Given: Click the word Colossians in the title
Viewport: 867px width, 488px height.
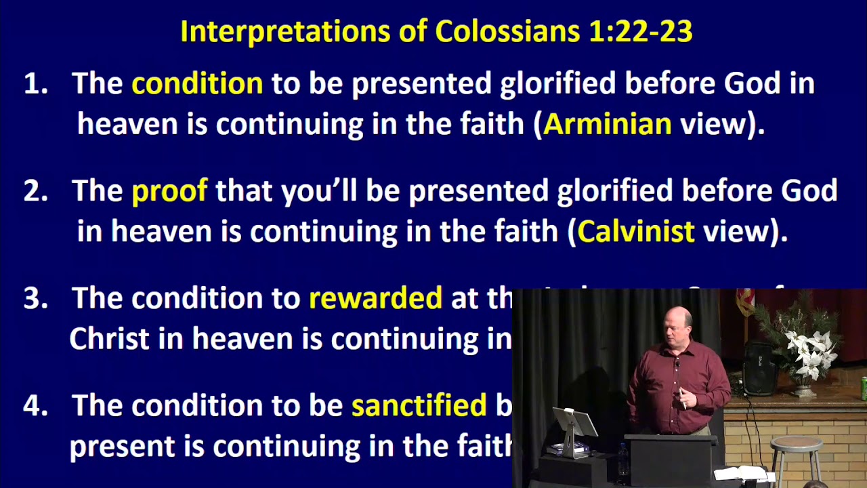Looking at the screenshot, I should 508,31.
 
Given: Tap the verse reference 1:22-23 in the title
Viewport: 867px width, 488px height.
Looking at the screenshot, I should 641,31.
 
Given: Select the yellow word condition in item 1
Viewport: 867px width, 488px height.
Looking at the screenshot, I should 197,84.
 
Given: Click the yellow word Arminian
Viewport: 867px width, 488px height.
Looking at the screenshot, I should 607,124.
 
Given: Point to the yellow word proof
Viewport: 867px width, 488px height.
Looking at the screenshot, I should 169,191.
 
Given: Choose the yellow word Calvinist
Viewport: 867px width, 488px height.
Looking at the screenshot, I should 635,232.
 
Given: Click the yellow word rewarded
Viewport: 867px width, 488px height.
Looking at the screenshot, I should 375,298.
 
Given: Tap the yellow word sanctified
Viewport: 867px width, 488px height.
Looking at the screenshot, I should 419,405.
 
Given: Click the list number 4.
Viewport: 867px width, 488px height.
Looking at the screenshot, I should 35,406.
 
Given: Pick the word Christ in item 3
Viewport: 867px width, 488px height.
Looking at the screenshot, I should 109,339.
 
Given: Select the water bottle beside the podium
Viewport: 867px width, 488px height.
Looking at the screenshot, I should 622,460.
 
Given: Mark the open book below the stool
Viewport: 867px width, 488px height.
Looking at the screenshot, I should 742,473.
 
